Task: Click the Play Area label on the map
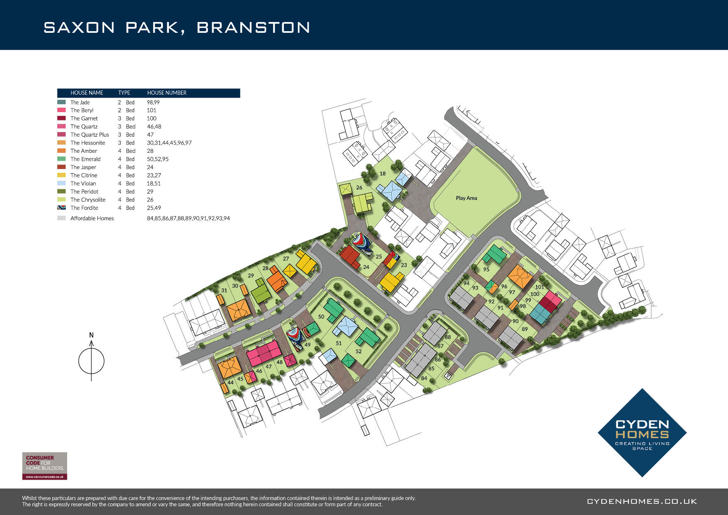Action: coord(466,198)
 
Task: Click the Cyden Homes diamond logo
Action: coord(642,433)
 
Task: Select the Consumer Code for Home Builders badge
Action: coord(44,466)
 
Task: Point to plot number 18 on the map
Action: coord(382,174)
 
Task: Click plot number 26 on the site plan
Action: coord(359,188)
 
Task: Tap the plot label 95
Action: coord(486,270)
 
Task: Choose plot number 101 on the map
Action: coord(540,287)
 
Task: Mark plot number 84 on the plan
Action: coord(424,378)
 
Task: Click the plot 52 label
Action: coord(359,351)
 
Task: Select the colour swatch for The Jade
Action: coord(61,102)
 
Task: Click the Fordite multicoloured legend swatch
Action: coord(61,208)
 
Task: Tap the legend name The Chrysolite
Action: coord(88,200)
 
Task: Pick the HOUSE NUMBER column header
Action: coord(167,93)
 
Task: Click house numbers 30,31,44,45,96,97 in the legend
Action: coord(169,143)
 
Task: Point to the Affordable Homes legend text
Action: coord(92,218)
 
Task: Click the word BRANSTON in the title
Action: coord(253,27)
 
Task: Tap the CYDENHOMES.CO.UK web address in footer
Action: coord(642,502)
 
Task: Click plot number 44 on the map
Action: coord(230,383)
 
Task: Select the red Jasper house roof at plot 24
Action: coord(349,257)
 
